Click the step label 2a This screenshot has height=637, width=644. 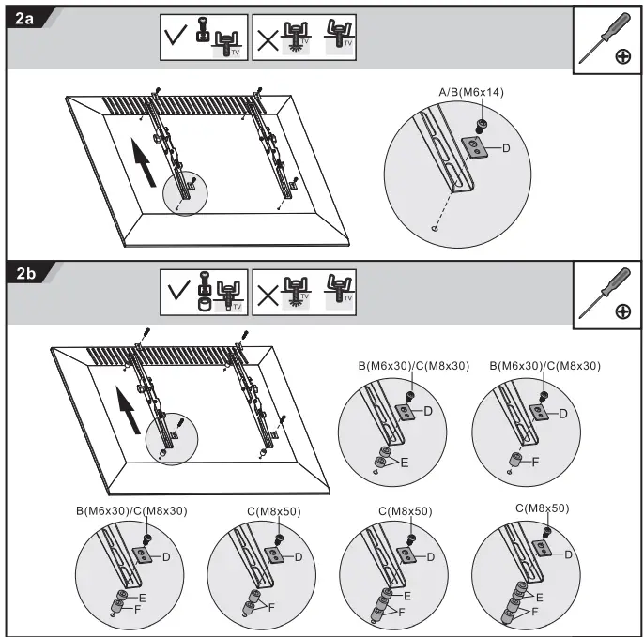pyautogui.click(x=24, y=19)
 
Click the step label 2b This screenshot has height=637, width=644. pyautogui.click(x=25, y=273)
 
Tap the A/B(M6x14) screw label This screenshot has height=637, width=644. pyautogui.click(x=471, y=92)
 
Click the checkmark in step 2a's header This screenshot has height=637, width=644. pyautogui.click(x=176, y=35)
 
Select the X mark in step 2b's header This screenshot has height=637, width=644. pyautogui.click(x=268, y=296)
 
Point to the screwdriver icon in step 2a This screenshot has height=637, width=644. pyautogui.click(x=605, y=38)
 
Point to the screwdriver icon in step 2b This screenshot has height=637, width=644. pyautogui.click(x=605, y=293)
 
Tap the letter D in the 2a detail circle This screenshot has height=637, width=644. pyautogui.click(x=506, y=148)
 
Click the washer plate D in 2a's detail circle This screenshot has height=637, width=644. pyautogui.click(x=475, y=147)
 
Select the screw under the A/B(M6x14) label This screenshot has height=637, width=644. pyautogui.click(x=480, y=126)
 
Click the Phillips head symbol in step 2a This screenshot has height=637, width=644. pyautogui.click(x=623, y=56)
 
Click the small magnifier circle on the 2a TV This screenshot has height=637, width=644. pyautogui.click(x=185, y=193)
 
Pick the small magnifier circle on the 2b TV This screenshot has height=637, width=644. pyautogui.click(x=172, y=439)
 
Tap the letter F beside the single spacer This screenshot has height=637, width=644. pyautogui.click(x=535, y=463)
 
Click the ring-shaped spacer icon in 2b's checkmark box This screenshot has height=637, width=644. pyautogui.click(x=205, y=304)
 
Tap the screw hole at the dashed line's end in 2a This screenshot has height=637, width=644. pyautogui.click(x=435, y=228)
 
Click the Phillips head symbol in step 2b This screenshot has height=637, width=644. pyautogui.click(x=623, y=311)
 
